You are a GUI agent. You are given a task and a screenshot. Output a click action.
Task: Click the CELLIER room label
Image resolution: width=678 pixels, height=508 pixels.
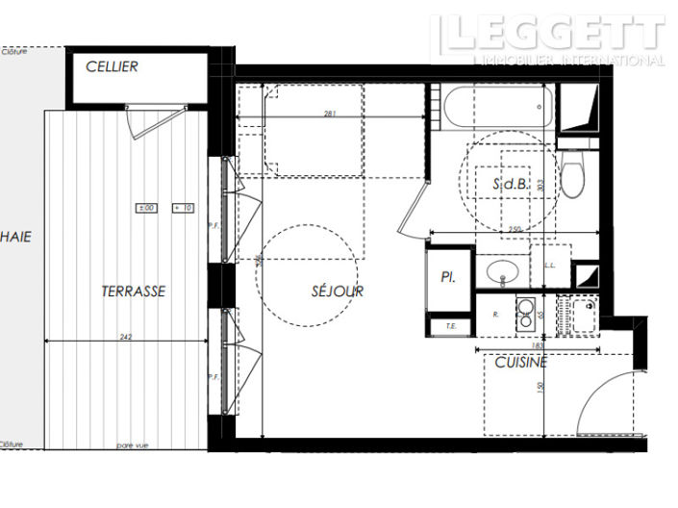click(112, 66)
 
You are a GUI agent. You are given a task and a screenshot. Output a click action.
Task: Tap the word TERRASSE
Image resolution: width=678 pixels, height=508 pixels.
click(134, 290)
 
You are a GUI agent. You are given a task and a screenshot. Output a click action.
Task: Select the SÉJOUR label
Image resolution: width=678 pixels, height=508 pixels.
click(338, 290)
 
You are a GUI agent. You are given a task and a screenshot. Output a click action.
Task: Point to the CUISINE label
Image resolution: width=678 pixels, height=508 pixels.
click(520, 362)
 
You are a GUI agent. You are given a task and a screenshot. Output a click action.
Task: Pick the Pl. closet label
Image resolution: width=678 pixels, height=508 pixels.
click(448, 277)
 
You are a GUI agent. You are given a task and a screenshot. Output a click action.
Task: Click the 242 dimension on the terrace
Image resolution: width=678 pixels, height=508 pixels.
click(125, 336)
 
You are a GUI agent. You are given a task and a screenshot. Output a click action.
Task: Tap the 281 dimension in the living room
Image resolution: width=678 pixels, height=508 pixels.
click(329, 114)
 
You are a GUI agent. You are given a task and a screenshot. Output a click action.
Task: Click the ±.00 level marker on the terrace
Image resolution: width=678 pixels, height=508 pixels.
click(147, 208)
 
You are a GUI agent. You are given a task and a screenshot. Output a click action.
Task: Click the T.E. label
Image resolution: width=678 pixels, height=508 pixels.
click(450, 326)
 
